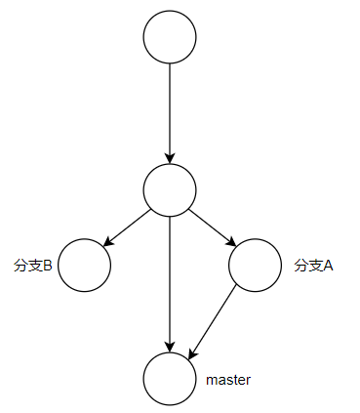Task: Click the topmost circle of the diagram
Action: (170, 38)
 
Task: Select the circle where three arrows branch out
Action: (170, 189)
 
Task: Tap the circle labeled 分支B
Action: (83, 265)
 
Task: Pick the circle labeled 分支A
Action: (256, 265)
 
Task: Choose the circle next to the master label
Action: (170, 378)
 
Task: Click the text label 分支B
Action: (32, 265)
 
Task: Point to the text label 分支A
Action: (313, 265)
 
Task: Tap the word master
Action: (229, 379)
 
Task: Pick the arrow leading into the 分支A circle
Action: (213, 227)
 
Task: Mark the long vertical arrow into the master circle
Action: (170, 283)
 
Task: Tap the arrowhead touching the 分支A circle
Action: (231, 242)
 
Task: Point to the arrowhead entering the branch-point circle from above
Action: (170, 157)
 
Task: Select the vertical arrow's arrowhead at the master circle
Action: (170, 346)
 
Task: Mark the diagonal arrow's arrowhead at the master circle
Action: (192, 351)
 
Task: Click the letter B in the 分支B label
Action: (46, 265)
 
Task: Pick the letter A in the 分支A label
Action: (328, 265)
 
